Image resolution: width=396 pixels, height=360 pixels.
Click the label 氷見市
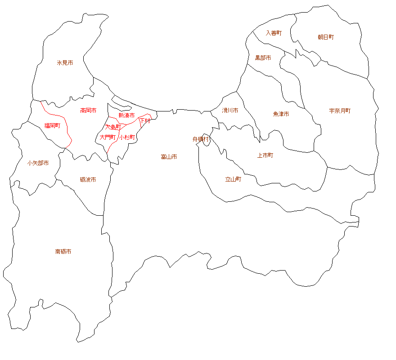tap(65, 63)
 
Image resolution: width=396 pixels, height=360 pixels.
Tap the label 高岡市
tap(88, 110)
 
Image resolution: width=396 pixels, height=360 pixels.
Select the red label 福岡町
tap(52, 125)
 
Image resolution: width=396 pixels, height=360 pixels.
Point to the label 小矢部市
tap(38, 163)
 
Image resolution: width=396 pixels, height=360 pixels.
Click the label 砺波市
tap(88, 179)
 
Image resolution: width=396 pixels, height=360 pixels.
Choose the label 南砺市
tap(63, 251)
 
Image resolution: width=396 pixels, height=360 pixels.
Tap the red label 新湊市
tap(126, 116)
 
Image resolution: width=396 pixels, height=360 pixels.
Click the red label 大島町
tap(113, 127)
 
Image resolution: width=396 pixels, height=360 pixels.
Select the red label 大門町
tap(108, 137)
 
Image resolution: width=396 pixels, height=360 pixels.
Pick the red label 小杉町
tap(127, 137)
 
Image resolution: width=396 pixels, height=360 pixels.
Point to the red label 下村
tap(145, 121)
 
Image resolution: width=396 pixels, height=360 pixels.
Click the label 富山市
tap(169, 157)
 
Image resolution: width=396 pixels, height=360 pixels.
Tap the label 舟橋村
tap(201, 139)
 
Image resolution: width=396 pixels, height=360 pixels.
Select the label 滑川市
tap(230, 110)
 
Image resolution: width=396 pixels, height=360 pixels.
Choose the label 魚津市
tap(281, 114)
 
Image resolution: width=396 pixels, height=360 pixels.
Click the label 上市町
tap(265, 156)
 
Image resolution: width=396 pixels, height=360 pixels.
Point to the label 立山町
tap(233, 179)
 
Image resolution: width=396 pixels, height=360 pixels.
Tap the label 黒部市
tap(263, 58)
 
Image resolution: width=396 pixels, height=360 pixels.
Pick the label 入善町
tap(274, 33)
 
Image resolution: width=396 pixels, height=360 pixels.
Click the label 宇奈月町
tap(340, 111)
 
